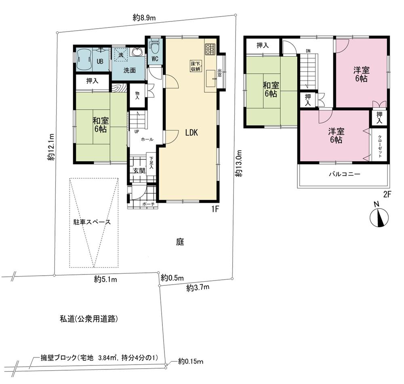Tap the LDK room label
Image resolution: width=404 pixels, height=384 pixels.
(191, 132)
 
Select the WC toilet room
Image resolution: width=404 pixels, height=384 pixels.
(155, 57)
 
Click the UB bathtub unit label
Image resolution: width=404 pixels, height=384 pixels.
(99, 62)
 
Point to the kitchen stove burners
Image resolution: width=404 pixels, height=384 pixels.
(210, 49)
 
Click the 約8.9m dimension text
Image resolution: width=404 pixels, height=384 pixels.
(144, 17)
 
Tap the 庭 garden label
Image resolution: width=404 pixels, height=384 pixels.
(180, 242)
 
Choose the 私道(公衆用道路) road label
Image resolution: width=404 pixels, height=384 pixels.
(89, 319)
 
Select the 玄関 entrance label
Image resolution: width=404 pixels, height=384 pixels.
(139, 171)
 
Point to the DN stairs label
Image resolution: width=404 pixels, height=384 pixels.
(308, 51)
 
